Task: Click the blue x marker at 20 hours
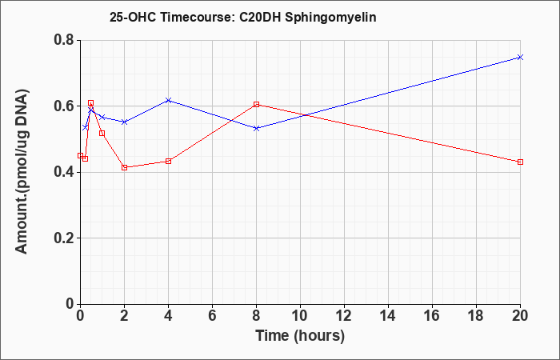[520, 57]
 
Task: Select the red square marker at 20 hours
[520, 162]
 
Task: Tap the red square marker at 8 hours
[256, 104]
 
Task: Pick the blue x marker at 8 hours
[256, 128]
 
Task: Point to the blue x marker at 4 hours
[168, 100]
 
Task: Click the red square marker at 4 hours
[168, 161]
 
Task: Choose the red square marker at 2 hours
[124, 167]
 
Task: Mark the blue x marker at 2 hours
[124, 122]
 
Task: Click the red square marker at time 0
[80, 156]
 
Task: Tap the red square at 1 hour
[102, 134]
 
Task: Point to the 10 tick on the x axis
[300, 316]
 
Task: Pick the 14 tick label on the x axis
[388, 316]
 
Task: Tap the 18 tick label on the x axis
[476, 316]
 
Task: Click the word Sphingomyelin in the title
[330, 18]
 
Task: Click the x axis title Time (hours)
[300, 336]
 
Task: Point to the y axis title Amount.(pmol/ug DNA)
[22, 171]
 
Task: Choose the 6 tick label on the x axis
[212, 316]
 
